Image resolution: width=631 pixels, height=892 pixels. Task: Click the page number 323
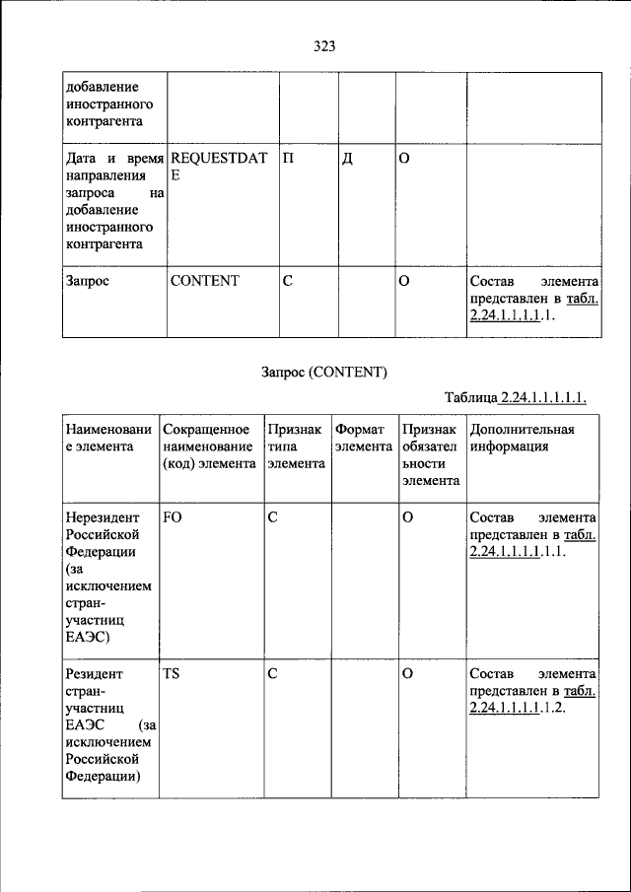(x=326, y=45)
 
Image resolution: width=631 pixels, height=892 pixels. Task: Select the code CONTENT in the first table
(x=204, y=281)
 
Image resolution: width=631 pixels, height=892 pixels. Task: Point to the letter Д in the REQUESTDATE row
(x=347, y=159)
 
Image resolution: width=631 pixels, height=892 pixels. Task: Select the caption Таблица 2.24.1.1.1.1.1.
(x=517, y=398)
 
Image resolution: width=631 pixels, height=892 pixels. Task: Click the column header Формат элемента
(x=364, y=438)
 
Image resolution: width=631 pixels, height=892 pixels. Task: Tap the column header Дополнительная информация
(x=522, y=438)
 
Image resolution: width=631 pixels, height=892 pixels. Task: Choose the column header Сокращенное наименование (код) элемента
(x=209, y=446)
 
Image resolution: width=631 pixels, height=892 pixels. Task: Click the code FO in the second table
(x=173, y=516)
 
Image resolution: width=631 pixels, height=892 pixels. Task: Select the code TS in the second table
(x=172, y=674)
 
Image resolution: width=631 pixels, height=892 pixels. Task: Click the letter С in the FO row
(x=273, y=516)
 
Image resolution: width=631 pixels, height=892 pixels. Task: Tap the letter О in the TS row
(x=406, y=674)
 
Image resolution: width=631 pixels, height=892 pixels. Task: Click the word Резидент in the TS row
(x=95, y=674)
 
